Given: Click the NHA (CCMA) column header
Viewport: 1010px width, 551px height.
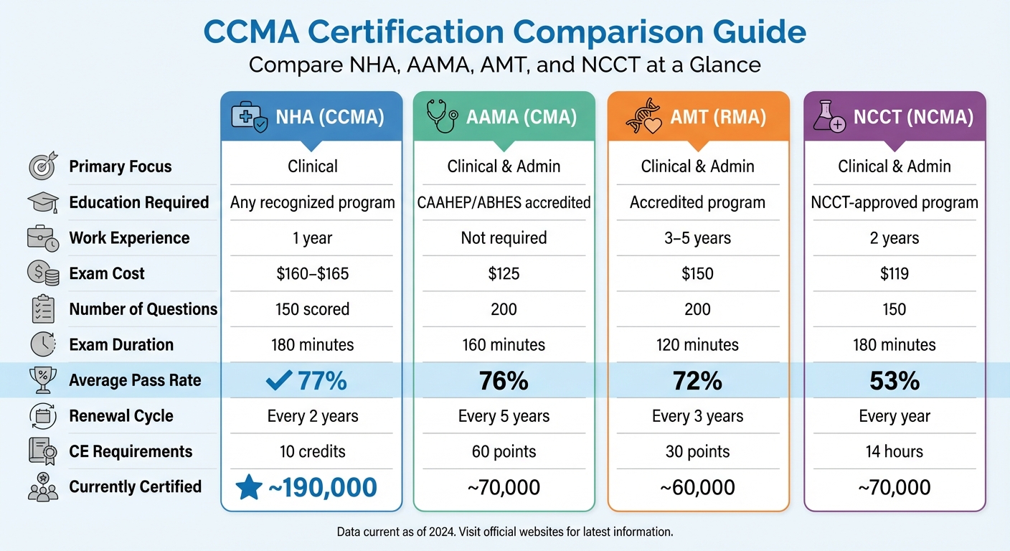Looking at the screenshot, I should coord(311,118).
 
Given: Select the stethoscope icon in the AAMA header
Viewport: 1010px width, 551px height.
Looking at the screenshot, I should coord(442,117).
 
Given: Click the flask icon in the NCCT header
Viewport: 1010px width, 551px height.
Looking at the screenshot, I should coord(829,117).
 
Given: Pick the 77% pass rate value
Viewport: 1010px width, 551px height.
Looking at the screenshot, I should coord(322,381).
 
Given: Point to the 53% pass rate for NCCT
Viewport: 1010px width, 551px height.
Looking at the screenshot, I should coord(895,381).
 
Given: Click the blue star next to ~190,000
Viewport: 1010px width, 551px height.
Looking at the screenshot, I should coord(249,487).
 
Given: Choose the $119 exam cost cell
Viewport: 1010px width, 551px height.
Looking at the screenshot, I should coord(895,273).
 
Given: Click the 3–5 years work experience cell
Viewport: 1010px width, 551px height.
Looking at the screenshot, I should coord(697,238).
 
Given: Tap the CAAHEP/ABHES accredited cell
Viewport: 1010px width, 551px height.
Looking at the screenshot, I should coord(504,203).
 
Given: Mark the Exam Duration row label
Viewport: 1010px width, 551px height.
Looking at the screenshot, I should coord(121,345).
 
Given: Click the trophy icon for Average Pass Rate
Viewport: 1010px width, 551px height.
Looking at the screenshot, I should coord(42,380).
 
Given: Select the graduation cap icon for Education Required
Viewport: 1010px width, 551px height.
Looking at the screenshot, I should coord(42,203).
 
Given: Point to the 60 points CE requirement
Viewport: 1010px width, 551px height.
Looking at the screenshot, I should coord(504,452).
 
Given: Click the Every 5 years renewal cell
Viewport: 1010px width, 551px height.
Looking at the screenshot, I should coord(504,416).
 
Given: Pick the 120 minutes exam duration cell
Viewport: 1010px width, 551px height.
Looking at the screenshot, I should coord(697,345).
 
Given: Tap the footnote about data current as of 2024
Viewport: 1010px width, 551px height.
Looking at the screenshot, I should coord(505,532).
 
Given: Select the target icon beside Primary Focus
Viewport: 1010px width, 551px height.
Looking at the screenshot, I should coord(42,167).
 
